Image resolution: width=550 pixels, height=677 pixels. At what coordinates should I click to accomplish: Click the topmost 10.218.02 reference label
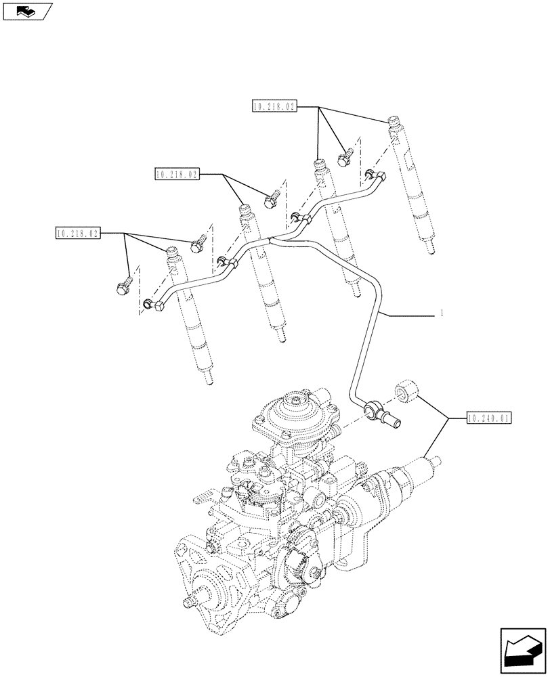(x=275, y=106)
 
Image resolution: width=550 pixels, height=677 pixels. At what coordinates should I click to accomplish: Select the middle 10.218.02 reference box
(x=177, y=175)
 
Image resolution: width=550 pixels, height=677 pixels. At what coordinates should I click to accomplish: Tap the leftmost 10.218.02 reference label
(x=77, y=234)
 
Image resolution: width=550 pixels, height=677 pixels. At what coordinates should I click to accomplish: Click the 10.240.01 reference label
(x=489, y=418)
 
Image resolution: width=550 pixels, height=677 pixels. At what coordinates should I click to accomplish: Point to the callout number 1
(x=442, y=313)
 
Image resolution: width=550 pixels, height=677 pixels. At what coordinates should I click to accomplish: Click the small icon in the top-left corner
(x=28, y=11)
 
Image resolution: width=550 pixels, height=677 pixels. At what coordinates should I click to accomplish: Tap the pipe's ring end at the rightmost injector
(x=370, y=173)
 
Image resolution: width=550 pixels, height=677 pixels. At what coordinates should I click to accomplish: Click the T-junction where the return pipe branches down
(x=271, y=240)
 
